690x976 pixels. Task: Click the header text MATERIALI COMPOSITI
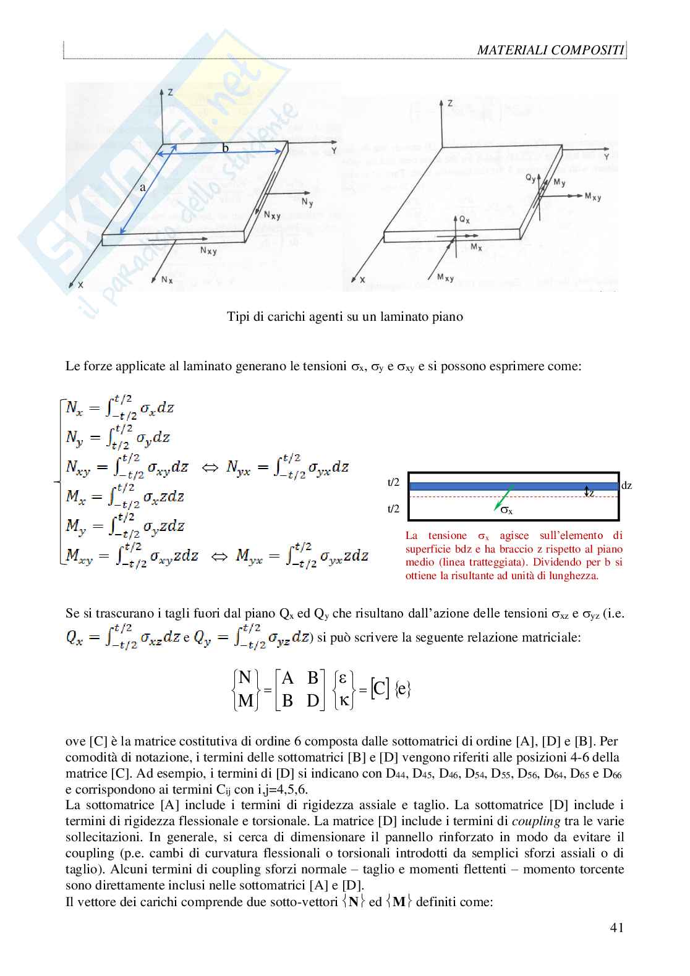pyautogui.click(x=550, y=50)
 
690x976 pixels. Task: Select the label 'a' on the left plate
pyautogui.click(x=142, y=187)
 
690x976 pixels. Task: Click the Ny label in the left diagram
pyautogui.click(x=307, y=202)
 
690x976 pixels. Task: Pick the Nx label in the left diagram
pyautogui.click(x=167, y=280)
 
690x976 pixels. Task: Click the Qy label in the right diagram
pyautogui.click(x=530, y=178)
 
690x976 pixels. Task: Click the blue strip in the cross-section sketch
pyautogui.click(x=513, y=486)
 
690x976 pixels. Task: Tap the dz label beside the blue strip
pyautogui.click(x=626, y=486)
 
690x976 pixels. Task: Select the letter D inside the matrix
pyautogui.click(x=313, y=700)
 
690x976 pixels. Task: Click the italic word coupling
pyautogui.click(x=536, y=821)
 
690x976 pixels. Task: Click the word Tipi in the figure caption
pyautogui.click(x=239, y=317)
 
